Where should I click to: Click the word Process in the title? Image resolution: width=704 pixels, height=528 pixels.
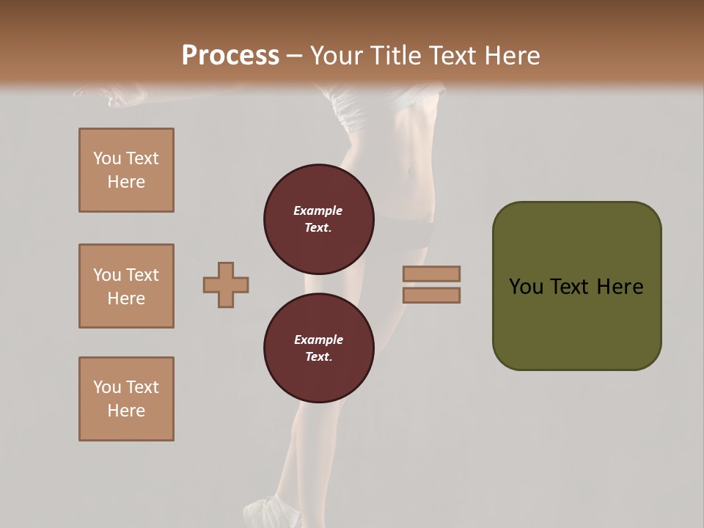(x=230, y=56)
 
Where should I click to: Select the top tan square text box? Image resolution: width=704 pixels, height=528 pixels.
(x=126, y=170)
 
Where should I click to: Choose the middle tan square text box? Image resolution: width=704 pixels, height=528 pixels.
(x=126, y=286)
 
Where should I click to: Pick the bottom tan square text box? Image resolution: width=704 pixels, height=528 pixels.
(x=126, y=399)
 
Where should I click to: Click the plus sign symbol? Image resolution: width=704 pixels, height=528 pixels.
(x=226, y=285)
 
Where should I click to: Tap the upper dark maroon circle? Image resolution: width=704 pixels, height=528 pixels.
(x=318, y=219)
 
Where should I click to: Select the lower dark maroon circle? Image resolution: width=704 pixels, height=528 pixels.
(x=318, y=348)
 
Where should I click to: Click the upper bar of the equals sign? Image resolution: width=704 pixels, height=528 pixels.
(x=431, y=274)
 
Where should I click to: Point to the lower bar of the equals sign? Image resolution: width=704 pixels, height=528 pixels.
(x=431, y=295)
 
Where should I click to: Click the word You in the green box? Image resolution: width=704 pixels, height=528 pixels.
(x=526, y=287)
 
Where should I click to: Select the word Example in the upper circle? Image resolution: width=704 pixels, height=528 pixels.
(x=318, y=210)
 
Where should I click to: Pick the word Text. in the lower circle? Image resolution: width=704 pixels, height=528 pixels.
(x=318, y=356)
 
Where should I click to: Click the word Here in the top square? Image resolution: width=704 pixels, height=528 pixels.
(x=126, y=182)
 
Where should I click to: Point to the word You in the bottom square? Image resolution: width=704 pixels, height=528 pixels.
(x=107, y=387)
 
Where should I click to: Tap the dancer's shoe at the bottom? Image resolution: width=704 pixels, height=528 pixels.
(x=268, y=510)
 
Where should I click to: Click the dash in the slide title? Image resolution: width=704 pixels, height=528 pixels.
(x=295, y=56)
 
